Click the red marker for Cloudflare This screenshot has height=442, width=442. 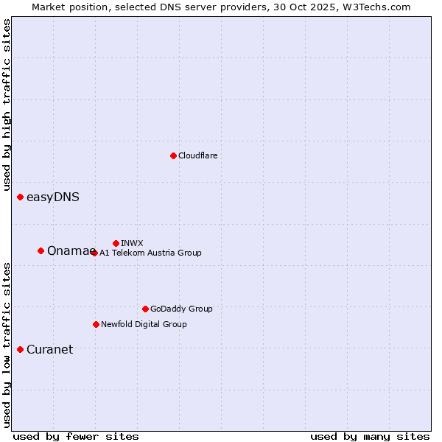[x=173, y=155]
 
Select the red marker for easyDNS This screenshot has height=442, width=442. [x=20, y=197]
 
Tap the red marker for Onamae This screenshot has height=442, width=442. [x=41, y=250]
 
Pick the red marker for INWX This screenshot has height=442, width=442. [x=116, y=243]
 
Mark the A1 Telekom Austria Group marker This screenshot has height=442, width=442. [x=94, y=253]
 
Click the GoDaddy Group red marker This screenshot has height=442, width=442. [x=145, y=309]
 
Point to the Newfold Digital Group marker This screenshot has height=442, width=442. [x=96, y=324]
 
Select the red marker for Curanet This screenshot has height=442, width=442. [x=20, y=349]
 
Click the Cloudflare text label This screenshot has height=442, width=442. [x=197, y=155]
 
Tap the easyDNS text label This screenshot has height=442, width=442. [x=53, y=197]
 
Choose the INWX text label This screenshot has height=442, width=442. [x=132, y=243]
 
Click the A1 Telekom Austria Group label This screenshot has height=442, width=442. [x=150, y=253]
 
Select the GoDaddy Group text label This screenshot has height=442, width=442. [x=181, y=309]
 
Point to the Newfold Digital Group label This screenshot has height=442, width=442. [x=144, y=324]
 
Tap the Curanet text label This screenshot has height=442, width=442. [x=49, y=349]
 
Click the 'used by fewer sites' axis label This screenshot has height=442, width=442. [x=76, y=436]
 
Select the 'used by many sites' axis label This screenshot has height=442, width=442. [x=370, y=436]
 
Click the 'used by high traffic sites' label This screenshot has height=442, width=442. [x=7, y=105]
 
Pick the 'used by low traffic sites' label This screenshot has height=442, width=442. [x=7, y=344]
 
